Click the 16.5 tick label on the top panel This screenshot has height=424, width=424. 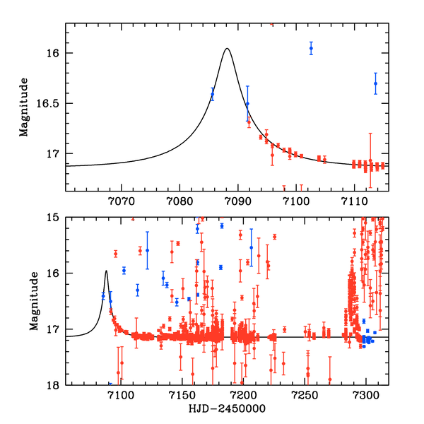(52, 103)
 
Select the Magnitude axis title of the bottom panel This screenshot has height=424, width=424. (24, 302)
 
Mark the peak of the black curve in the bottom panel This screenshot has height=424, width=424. (106, 271)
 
